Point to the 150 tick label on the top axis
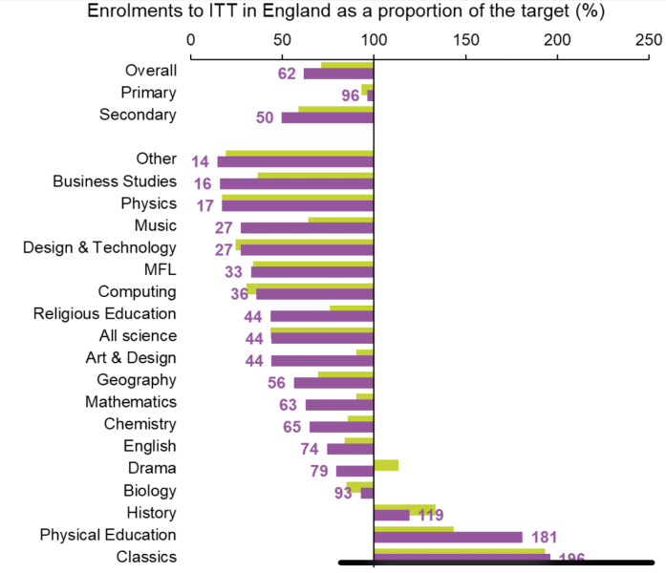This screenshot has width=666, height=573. (x=464, y=40)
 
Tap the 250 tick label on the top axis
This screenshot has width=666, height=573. (x=648, y=40)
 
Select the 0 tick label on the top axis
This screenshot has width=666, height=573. (x=191, y=40)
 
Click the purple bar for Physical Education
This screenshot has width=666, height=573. (x=448, y=538)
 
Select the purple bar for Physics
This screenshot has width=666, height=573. (x=297, y=205)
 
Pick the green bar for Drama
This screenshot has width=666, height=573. (x=386, y=465)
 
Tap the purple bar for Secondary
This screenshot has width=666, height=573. (x=327, y=117)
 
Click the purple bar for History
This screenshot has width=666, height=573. (x=391, y=516)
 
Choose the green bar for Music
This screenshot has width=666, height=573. (x=340, y=221)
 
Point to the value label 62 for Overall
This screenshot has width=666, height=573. (x=287, y=74)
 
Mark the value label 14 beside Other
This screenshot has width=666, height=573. (x=200, y=162)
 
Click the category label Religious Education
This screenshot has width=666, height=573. (x=105, y=313)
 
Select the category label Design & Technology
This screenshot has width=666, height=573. (x=100, y=247)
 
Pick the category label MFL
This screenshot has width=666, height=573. (x=160, y=269)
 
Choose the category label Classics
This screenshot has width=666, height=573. (x=146, y=557)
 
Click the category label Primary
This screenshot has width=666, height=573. (x=149, y=93)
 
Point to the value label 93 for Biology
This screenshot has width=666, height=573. (x=344, y=494)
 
